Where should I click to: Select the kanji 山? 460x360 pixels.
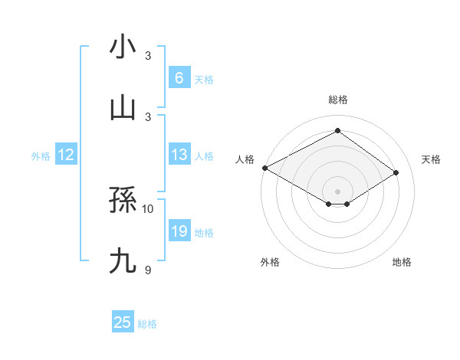point(123,107)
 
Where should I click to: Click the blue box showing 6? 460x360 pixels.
point(179,77)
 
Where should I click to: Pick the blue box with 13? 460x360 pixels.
point(179,155)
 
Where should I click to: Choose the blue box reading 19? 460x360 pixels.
point(179,231)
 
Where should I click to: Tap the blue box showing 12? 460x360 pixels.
point(65,155)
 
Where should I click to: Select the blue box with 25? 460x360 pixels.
point(123,322)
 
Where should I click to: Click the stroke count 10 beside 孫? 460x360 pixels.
point(148,208)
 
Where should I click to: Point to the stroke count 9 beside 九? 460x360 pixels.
point(148,270)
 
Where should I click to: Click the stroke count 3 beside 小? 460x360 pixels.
point(148,56)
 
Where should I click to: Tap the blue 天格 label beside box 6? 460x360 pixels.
point(204,79)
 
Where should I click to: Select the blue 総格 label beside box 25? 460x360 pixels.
point(147,324)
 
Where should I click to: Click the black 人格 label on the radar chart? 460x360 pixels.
point(245,159)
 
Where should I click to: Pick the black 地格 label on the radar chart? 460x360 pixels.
point(402,262)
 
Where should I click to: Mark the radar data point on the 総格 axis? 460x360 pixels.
point(337,130)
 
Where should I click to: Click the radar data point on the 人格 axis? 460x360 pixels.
point(264,168)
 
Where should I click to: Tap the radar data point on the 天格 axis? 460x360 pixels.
point(396,173)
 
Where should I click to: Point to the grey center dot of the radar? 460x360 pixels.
point(337,191)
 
